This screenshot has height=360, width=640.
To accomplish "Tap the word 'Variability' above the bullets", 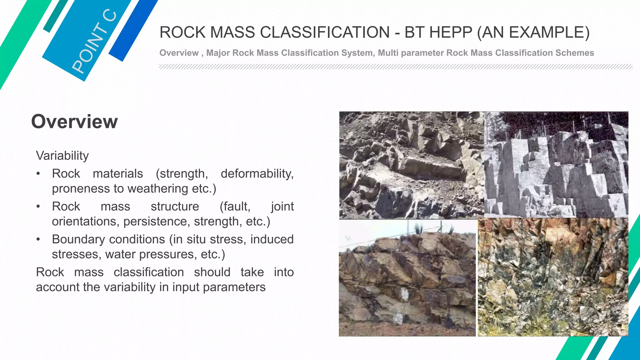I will [62, 156].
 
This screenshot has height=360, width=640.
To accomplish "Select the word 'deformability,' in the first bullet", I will [257, 174].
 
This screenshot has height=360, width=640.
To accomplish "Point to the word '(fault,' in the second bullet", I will [235, 207].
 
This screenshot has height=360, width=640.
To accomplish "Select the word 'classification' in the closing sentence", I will [148, 272].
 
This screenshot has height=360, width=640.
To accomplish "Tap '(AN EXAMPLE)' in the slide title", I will [533, 32].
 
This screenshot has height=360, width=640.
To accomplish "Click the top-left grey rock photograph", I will [411, 165].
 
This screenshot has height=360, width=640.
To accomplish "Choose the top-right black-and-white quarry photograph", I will [556, 164].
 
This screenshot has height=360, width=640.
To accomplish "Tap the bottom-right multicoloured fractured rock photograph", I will [553, 277].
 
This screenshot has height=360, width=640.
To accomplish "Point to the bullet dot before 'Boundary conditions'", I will [38, 239].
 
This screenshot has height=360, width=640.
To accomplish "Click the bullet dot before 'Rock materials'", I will [38, 174].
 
